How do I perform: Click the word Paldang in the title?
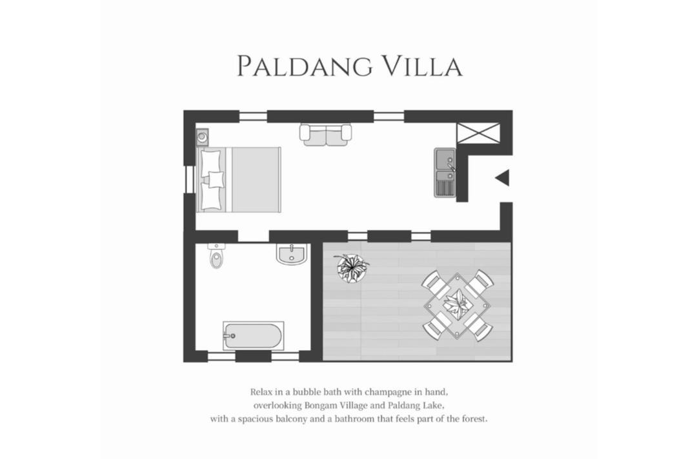pos(305,66)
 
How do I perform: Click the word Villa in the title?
pos(423,66)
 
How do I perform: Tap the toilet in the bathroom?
pos(216,256)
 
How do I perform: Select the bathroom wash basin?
pos(292,254)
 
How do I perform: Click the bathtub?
pos(254,336)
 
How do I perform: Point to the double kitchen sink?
pos(445,173)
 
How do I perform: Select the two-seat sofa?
pos(326,135)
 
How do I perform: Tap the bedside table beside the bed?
pos(202,137)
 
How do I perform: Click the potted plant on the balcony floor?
pos(352,268)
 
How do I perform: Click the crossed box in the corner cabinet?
pos(478,133)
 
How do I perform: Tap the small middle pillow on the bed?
pos(216,179)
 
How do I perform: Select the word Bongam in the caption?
pos(321,405)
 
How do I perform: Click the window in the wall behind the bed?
pos(190,179)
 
